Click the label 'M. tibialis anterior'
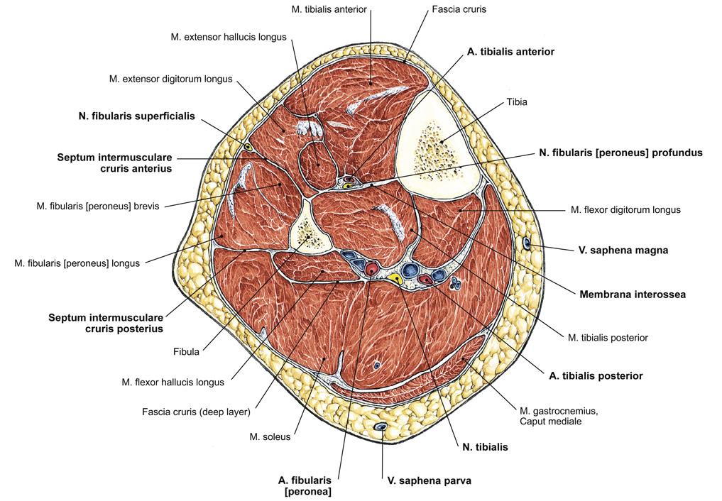click(329, 9)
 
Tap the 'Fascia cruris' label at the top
click(459, 9)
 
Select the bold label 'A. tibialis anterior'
click(510, 52)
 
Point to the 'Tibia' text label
click(517, 102)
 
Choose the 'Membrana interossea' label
click(633, 294)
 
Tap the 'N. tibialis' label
click(485, 447)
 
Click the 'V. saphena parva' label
click(429, 481)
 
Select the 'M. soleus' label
click(270, 436)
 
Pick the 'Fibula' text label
click(186, 352)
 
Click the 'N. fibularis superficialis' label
click(137, 116)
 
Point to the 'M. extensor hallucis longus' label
click(229, 38)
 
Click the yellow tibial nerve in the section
click(394, 278)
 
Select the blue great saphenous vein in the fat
click(527, 243)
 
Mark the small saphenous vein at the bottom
click(381, 427)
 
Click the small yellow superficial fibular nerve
click(248, 147)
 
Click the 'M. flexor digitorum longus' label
click(625, 210)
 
